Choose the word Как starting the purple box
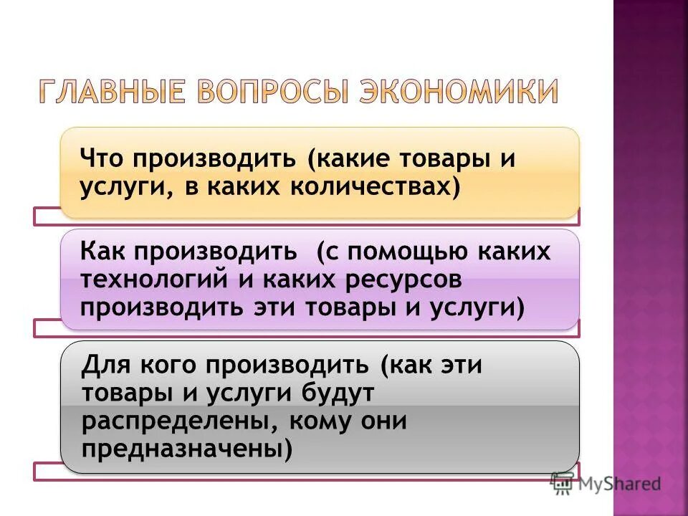click(103, 252)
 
